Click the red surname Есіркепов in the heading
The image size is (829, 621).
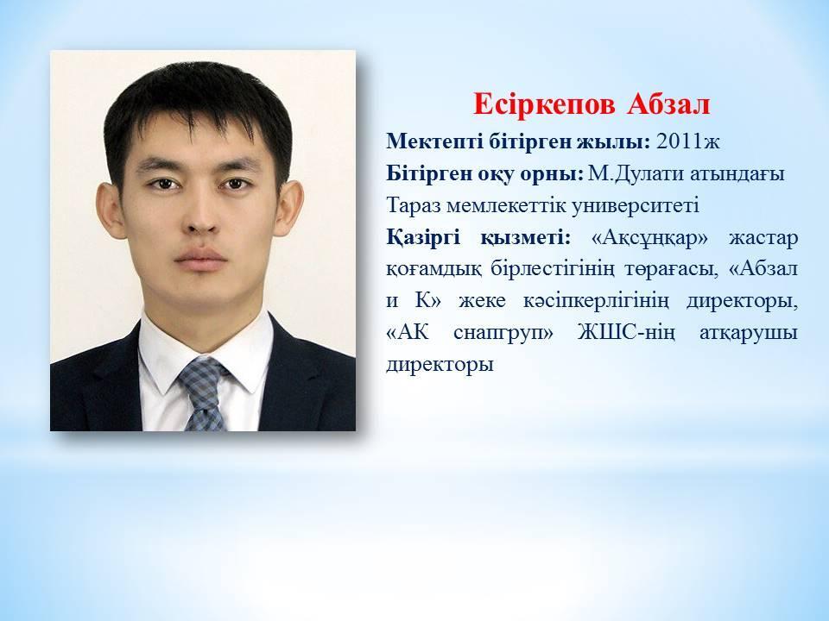pos(544,104)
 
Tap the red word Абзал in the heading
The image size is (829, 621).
pos(668,104)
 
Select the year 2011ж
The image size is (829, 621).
pos(687,141)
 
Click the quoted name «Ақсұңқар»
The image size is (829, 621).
pos(649,238)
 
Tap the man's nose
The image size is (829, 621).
pos(202,216)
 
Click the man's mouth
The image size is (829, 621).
pos(201,258)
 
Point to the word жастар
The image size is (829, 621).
pos(763,238)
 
